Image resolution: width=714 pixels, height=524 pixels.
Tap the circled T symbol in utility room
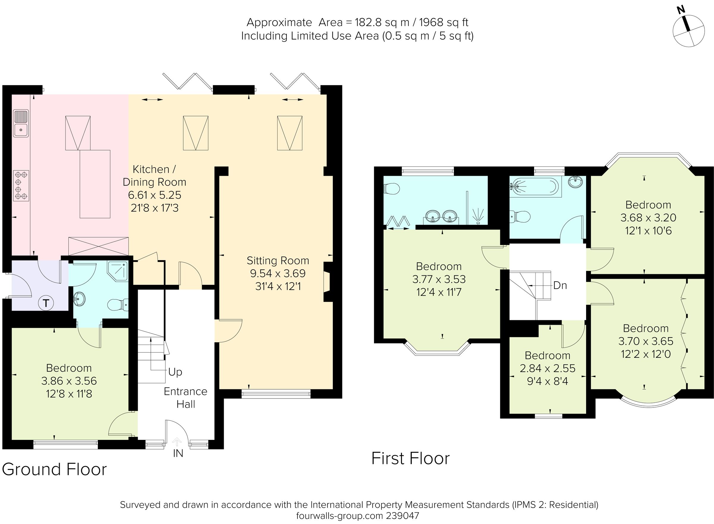tap(46, 303)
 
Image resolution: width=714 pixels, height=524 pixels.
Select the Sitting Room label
tap(278, 261)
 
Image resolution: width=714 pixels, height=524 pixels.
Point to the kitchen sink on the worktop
tap(21, 123)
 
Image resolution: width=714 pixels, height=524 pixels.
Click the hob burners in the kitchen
tap(21, 185)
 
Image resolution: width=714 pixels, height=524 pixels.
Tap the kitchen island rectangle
tap(95, 184)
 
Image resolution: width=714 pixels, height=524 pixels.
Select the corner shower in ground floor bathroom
tap(118, 271)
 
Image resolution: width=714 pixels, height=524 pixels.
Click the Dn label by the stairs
tap(560, 285)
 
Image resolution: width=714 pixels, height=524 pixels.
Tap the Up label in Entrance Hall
tap(175, 372)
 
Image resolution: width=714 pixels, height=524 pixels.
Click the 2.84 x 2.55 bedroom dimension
tap(547, 368)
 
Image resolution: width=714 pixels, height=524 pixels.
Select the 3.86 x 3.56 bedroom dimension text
tap(69, 381)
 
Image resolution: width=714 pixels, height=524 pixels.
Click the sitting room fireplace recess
tap(327, 281)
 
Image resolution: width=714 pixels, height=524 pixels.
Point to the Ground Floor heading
tap(54, 470)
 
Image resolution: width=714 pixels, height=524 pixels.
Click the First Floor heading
tap(410, 459)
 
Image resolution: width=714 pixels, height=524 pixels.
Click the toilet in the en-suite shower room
tap(392, 189)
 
